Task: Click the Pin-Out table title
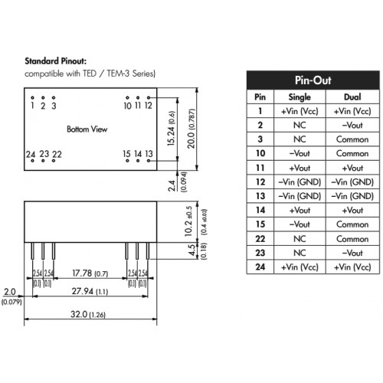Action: click(313, 80)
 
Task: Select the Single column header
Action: click(300, 97)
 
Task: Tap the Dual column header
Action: click(352, 97)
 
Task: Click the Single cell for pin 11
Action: click(300, 168)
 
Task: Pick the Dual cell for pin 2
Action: click(352, 125)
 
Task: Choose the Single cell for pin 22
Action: click(300, 239)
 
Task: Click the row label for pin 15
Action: click(260, 224)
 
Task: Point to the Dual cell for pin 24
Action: click(352, 267)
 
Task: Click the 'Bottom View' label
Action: click(87, 129)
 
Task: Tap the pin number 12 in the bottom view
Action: click(148, 106)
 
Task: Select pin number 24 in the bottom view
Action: click(31, 154)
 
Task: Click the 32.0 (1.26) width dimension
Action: click(88, 314)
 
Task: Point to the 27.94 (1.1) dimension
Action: click(90, 291)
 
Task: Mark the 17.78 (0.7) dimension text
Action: click(90, 273)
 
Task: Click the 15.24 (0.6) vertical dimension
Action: click(171, 128)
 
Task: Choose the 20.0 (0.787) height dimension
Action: click(191, 129)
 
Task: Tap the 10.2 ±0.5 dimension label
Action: click(188, 221)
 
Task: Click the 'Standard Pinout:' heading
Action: click(56, 61)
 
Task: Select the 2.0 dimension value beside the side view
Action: click(10, 292)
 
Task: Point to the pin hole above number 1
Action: click(32, 97)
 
